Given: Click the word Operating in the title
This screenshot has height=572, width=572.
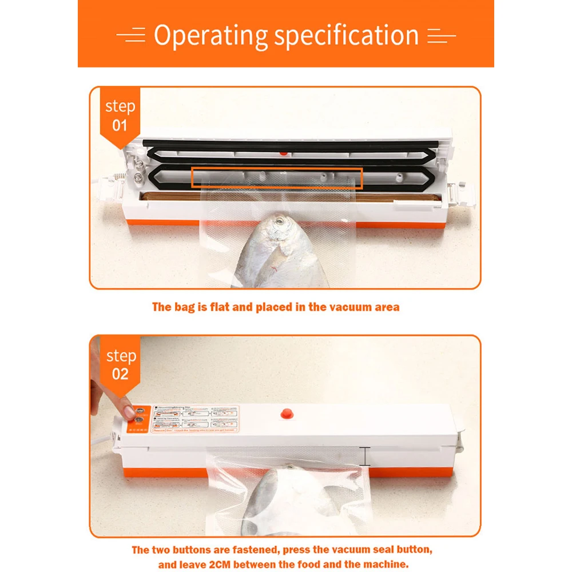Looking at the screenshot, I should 210,36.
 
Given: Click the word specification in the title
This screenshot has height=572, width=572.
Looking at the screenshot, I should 345,36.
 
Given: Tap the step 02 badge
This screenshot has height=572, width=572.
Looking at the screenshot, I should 120,365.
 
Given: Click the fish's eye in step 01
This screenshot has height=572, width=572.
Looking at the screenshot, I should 279,220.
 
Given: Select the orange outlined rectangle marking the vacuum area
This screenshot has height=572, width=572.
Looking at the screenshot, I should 277,178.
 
